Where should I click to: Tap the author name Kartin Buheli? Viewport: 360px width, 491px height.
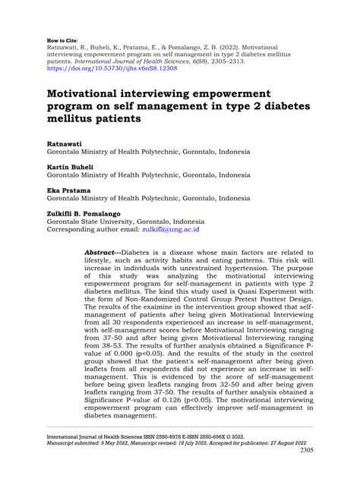click(x=71, y=165)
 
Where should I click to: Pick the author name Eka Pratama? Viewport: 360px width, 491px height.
click(x=68, y=189)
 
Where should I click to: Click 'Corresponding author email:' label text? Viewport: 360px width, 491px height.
click(x=94, y=228)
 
